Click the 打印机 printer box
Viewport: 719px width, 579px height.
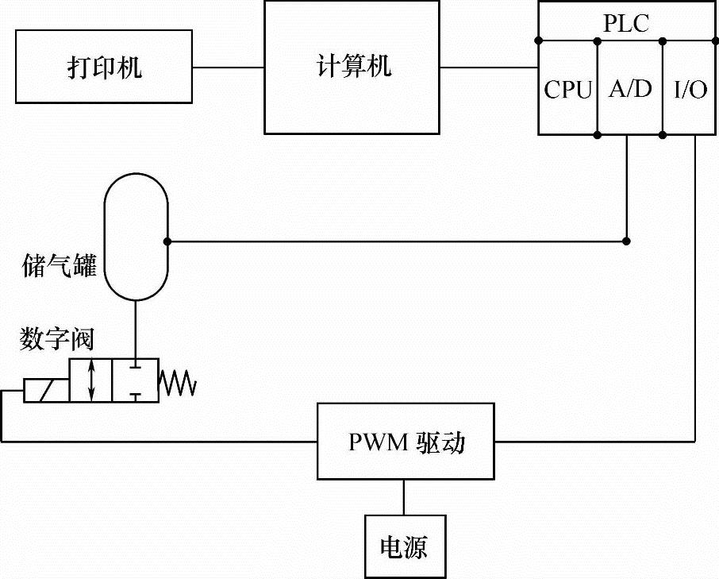coord(104,68)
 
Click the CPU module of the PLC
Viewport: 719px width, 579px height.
coord(567,90)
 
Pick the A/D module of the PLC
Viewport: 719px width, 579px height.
coord(629,90)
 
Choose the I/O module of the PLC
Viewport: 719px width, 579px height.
coord(690,90)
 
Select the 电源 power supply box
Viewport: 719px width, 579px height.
coord(404,547)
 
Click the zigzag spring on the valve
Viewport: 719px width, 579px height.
coord(178,384)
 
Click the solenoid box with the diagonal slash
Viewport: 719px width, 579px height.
coord(45,391)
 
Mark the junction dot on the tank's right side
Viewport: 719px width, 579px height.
coord(167,241)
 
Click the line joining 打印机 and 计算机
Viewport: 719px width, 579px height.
coord(228,68)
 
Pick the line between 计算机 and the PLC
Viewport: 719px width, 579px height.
coord(489,68)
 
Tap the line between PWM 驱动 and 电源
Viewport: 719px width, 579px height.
coord(404,497)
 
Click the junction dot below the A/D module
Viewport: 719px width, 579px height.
coord(627,241)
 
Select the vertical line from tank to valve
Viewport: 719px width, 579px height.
coord(136,329)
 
